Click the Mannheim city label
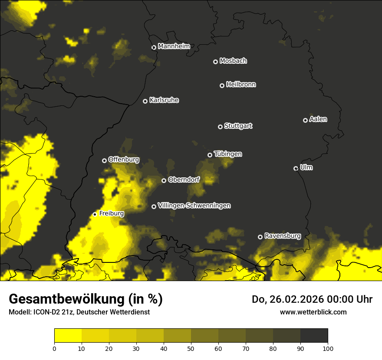[174, 46]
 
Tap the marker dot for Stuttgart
[220, 127]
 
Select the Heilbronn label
[241, 85]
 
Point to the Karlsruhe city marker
[145, 101]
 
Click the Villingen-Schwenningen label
[194, 206]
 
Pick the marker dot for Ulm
[296, 168]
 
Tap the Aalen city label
[318, 119]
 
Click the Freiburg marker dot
[95, 214]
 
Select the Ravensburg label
[283, 236]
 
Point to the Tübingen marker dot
[210, 155]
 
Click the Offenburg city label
[124, 160]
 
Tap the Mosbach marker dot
[215, 62]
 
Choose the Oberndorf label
[184, 180]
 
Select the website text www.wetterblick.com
[313, 312]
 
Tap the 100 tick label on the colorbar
[328, 348]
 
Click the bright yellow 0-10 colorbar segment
[68, 335]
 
